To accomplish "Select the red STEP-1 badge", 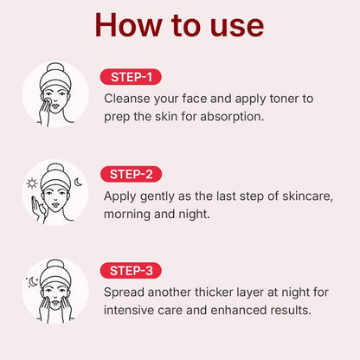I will (x=131, y=77).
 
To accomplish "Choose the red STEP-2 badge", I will (x=131, y=175).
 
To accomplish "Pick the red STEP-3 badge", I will (x=131, y=271).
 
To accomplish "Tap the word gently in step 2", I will (x=162, y=196).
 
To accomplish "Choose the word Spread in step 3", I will (x=125, y=292).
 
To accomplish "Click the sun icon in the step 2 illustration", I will (x=32, y=183).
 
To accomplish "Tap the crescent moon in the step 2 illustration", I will (x=77, y=181).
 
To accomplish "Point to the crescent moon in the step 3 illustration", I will (x=33, y=280).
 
